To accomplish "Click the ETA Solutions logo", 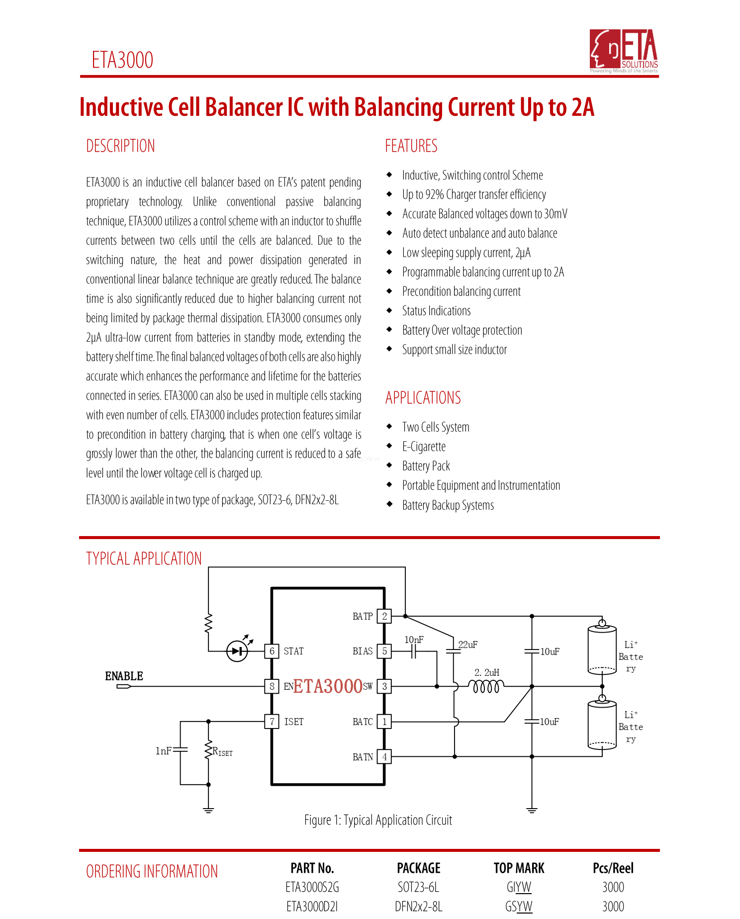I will [x=624, y=51].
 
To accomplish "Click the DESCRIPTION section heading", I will [x=120, y=146].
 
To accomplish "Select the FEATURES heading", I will [x=411, y=146].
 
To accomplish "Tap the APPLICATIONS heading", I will [x=423, y=398].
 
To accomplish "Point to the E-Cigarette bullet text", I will [x=424, y=447].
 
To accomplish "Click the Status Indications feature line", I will [x=436, y=311].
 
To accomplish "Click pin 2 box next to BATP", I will [x=384, y=616].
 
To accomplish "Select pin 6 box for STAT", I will [x=272, y=651].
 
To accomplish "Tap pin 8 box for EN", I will [x=272, y=686].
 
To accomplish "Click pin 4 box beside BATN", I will [x=384, y=757].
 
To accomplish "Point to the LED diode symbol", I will [x=237, y=651].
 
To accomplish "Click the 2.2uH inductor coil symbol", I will [x=486, y=687].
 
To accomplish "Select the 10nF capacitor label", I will [x=414, y=640].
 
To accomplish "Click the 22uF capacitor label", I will [x=468, y=644].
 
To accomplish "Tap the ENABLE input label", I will [x=124, y=676].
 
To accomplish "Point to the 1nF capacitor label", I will [x=164, y=751].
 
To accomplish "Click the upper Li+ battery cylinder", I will [x=602, y=649].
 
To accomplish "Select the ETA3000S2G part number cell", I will [x=312, y=887].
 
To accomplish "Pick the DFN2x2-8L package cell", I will [x=418, y=907].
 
